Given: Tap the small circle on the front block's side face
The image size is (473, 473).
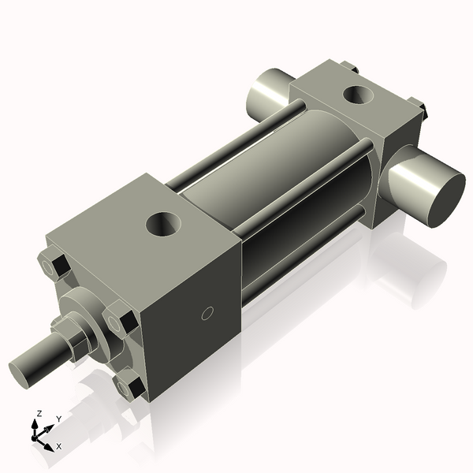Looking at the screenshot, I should click(207, 314).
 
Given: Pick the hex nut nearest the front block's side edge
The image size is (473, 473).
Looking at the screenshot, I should click(122, 321).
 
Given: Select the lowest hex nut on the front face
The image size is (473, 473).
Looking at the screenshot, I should click(129, 385).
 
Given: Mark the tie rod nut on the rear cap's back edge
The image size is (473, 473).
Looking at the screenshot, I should click(346, 69).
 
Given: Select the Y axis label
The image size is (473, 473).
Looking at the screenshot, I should click(59, 419).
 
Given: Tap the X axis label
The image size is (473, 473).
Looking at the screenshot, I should click(58, 446).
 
